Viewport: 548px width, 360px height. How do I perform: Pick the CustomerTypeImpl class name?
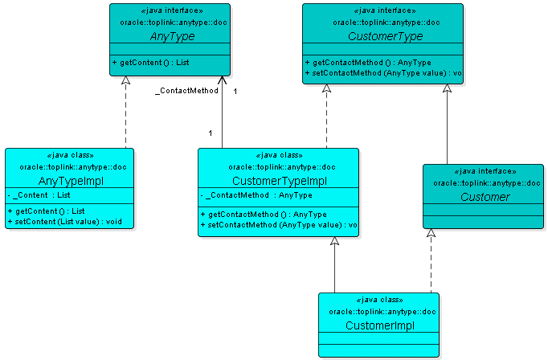(x=278, y=181)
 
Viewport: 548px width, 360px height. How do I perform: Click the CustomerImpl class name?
(x=379, y=325)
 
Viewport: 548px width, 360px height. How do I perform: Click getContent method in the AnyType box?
(x=151, y=62)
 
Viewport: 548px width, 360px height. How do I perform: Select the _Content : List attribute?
(x=42, y=194)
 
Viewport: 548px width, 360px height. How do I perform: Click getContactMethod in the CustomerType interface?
(x=369, y=63)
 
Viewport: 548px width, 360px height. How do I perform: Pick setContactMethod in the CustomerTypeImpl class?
(x=278, y=225)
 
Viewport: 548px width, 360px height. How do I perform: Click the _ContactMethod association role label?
(x=186, y=92)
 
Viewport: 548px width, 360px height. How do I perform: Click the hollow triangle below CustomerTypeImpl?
(x=335, y=243)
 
